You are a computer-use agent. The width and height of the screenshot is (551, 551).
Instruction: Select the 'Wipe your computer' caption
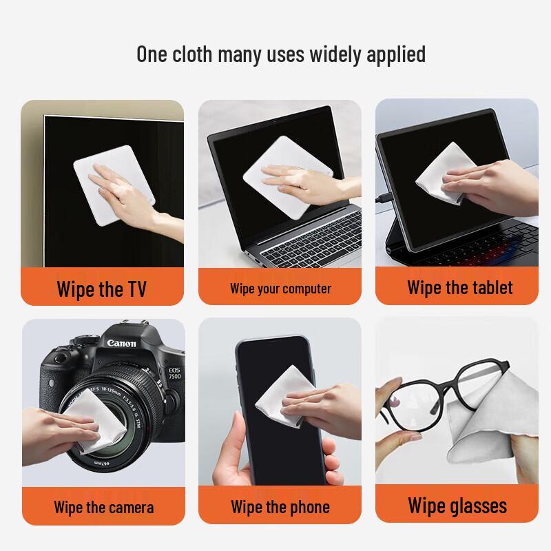280,289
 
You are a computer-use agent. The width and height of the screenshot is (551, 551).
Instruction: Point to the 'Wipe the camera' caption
103,508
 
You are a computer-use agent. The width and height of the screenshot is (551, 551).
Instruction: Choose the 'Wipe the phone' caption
280,508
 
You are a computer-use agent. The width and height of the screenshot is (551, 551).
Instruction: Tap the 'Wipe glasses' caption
457,506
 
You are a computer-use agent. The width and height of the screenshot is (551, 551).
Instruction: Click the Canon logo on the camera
121,342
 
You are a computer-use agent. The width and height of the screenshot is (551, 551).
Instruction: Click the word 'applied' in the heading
394,54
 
